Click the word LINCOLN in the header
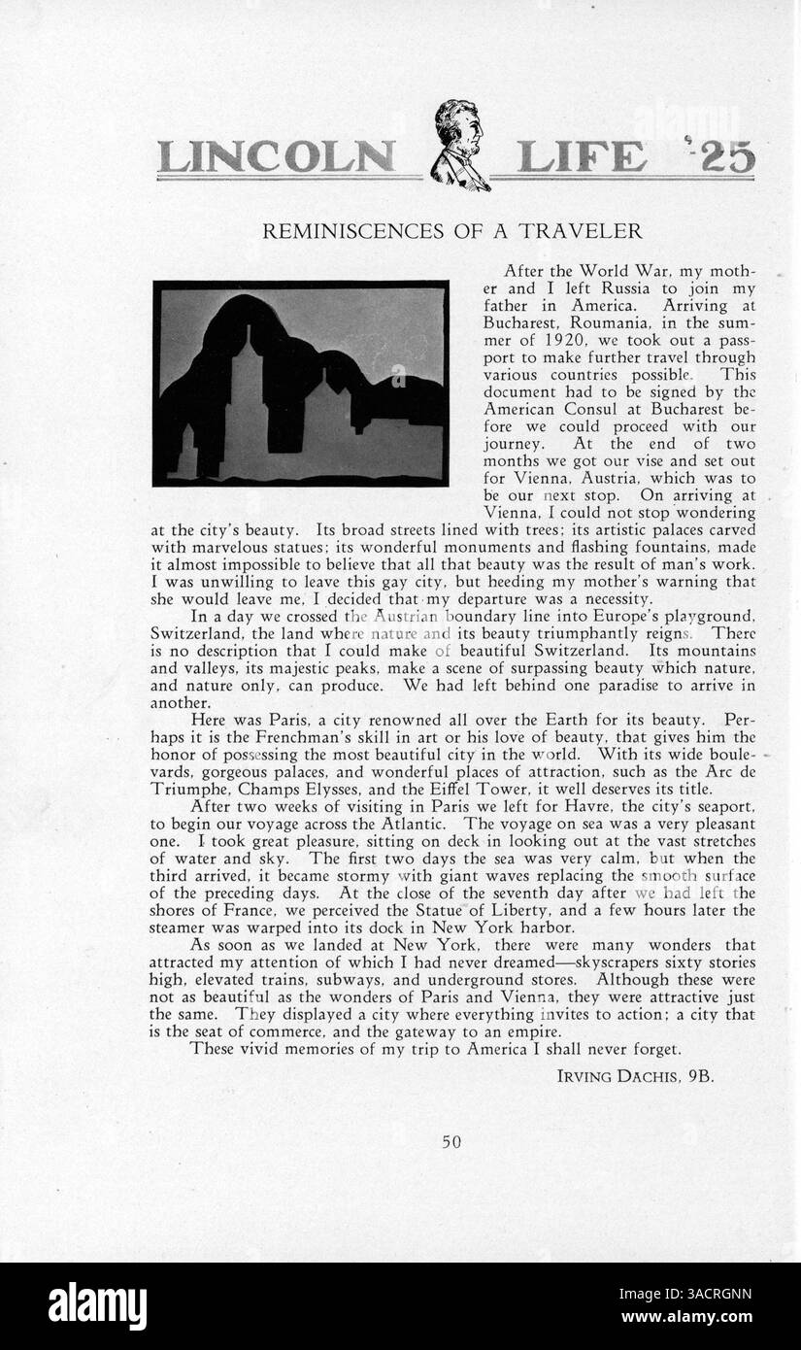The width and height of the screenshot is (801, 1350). coord(277,157)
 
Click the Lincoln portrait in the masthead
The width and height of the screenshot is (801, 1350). coord(458,145)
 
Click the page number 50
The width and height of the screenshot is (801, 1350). coord(451,1142)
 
